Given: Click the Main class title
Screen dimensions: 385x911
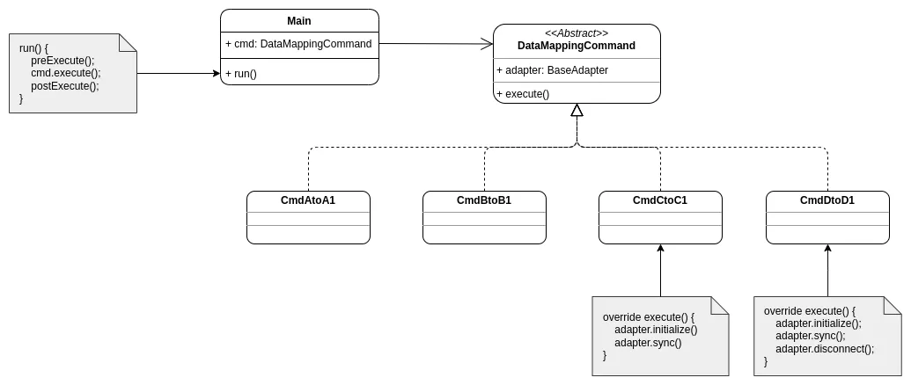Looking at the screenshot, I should pos(299,21).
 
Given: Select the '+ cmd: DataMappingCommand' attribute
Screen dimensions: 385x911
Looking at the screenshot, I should pos(298,44).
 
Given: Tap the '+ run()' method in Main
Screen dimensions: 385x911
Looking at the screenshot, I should pos(241,74).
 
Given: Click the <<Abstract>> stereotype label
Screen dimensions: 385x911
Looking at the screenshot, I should pos(577,33).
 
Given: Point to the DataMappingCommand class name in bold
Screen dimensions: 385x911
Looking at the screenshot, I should pos(577,46).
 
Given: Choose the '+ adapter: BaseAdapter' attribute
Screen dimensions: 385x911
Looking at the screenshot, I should pos(552,70).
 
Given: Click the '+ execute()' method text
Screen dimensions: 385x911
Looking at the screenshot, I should pos(523,94).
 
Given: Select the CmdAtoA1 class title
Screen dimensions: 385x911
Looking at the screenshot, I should pos(308,200).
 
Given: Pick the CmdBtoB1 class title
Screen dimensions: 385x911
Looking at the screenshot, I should pos(484,200).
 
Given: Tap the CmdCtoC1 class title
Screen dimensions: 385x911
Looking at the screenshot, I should pos(660,200).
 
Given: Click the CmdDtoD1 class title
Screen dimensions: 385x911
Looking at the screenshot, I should pos(827,200).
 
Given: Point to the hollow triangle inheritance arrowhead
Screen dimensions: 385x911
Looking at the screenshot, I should pos(577,111).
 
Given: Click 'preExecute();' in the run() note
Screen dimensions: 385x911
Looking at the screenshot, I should pos(62,61).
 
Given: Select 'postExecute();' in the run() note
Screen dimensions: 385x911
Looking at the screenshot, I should pos(65,86).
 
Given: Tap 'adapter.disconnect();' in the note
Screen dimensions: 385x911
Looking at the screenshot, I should pos(825,348).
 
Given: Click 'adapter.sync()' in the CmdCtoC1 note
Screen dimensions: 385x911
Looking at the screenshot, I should pos(648,343).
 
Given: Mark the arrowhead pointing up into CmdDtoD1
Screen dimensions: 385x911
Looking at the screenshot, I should pos(827,249).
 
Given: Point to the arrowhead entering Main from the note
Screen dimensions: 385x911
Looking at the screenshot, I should pos(216,74).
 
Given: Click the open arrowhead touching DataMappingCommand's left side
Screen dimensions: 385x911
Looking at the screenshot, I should pos(488,44).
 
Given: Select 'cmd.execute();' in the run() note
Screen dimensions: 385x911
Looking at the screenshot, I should pos(66,73).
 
